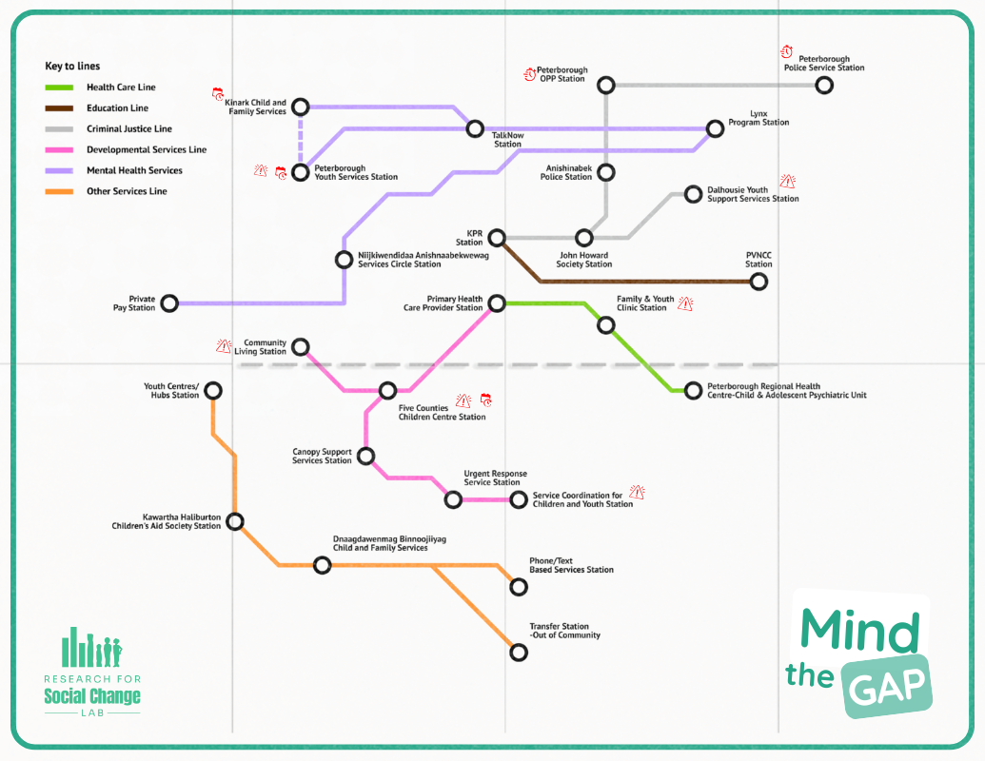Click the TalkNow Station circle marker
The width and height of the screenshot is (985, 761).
[x=474, y=128]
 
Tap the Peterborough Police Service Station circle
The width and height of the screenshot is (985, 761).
[x=824, y=86]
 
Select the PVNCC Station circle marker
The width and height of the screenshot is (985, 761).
[x=758, y=282]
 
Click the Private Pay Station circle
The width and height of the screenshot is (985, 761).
[x=169, y=303]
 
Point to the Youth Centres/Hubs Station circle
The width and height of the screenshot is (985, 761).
[x=213, y=390]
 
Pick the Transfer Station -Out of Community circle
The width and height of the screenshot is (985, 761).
[x=519, y=653]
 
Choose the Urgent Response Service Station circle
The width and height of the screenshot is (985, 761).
[x=454, y=499]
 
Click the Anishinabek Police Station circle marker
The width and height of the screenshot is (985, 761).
[x=606, y=172]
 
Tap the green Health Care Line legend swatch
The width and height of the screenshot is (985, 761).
[x=60, y=88]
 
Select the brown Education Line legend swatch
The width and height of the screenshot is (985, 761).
[x=60, y=108]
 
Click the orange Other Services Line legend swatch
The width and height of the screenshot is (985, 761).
[x=60, y=191]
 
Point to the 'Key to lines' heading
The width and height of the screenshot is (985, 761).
[x=72, y=67]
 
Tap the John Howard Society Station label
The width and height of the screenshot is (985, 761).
[x=584, y=259]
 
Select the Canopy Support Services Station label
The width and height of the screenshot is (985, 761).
[x=322, y=457]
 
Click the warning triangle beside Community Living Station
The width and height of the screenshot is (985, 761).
[x=224, y=346]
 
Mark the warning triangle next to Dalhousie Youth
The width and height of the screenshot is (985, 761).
[x=786, y=181]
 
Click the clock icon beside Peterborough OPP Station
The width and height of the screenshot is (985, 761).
[x=530, y=74]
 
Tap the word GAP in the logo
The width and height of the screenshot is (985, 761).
[x=887, y=689]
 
